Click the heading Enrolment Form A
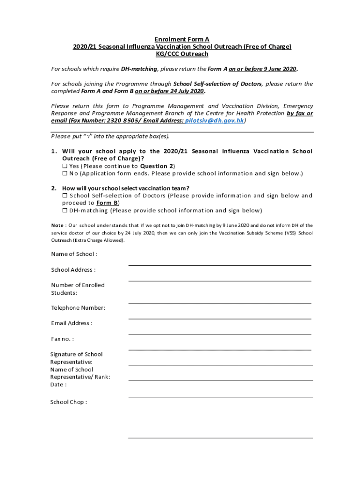[182, 39]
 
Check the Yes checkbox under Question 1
[65, 166]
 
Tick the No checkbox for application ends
[65, 174]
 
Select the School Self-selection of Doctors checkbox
[65, 196]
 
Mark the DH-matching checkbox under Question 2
[65, 210]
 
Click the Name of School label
[74, 254]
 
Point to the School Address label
[73, 269]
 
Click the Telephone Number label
[78, 308]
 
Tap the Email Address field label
[72, 323]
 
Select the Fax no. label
[63, 339]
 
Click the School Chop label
[69, 402]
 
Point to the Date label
[59, 385]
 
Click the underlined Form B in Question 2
[107, 203]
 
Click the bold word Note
[58, 225]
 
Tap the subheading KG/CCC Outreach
[182, 54]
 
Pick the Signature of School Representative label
[77, 358]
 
